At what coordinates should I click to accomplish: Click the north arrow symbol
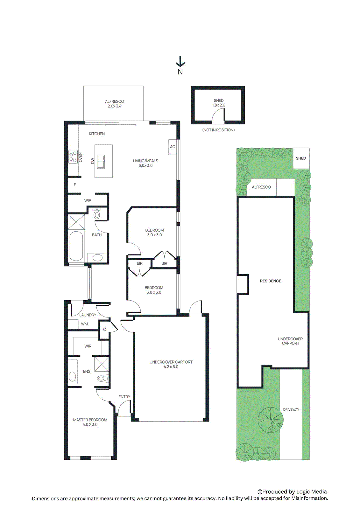[x=180, y=62]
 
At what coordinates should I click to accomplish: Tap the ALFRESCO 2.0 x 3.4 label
[x=115, y=104]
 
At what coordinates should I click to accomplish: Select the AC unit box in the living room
[x=173, y=147]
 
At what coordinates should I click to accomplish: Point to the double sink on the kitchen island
[x=101, y=162]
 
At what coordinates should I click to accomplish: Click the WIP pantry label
[x=88, y=200]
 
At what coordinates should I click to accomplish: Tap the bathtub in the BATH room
[x=76, y=246]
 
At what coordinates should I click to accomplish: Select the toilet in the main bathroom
[x=97, y=214]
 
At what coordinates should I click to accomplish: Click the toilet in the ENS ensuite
[x=103, y=378]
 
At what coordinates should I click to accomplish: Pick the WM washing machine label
[x=84, y=324]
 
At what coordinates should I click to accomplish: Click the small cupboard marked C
[x=104, y=330]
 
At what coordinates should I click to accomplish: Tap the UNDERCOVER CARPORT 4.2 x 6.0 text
[x=171, y=364]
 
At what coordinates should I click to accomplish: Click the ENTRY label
[x=124, y=397]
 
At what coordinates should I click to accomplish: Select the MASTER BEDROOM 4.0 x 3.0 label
[x=90, y=422]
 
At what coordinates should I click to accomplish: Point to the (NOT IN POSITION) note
[x=218, y=130]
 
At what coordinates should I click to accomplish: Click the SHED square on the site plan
[x=301, y=158]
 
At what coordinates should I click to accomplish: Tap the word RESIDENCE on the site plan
[x=271, y=281]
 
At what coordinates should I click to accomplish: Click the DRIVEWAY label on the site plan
[x=291, y=409]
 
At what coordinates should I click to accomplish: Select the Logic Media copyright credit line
[x=292, y=492]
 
